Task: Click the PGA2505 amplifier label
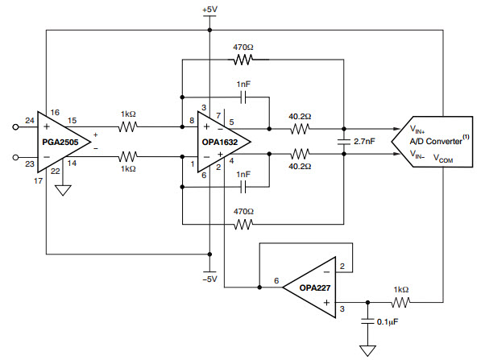click(60, 142)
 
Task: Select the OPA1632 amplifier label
click(220, 142)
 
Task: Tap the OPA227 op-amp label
click(315, 288)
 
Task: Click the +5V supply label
click(209, 10)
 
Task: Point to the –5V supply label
click(209, 279)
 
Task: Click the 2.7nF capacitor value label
click(364, 142)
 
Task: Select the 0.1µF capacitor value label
click(388, 322)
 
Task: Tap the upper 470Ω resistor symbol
click(243, 60)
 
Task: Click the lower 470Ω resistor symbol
click(243, 225)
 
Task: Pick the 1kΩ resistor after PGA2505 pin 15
click(128, 126)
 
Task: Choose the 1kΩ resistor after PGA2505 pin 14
click(128, 157)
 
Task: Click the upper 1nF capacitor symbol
click(243, 97)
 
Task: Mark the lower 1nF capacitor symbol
click(243, 187)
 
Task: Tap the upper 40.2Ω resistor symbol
click(300, 129)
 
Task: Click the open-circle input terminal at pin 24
click(15, 126)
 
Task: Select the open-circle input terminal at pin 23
click(15, 157)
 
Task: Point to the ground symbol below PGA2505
click(63, 190)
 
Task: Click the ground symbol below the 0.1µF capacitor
click(367, 351)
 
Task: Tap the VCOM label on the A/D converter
click(443, 158)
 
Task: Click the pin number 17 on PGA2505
click(38, 181)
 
